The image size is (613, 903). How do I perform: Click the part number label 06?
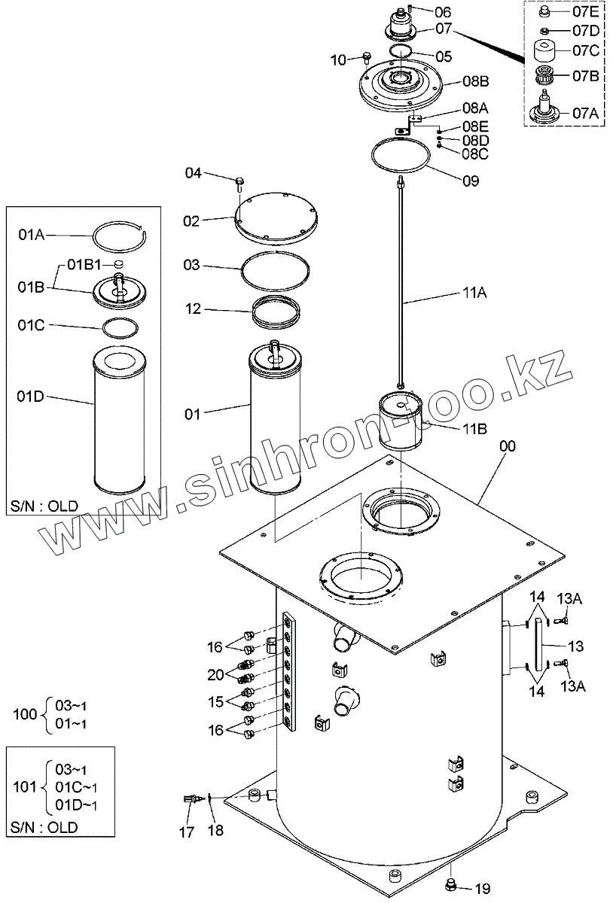(442, 12)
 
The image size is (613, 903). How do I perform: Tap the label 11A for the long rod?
(474, 293)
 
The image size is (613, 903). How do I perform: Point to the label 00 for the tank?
(507, 446)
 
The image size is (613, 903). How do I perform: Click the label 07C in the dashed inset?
(586, 51)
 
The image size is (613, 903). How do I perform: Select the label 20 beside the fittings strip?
(215, 674)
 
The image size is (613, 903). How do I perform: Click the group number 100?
(26, 713)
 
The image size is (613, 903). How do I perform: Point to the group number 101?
(26, 786)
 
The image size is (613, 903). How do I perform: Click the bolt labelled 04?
(239, 181)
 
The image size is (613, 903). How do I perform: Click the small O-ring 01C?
(120, 328)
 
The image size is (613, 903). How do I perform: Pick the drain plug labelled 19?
(452, 883)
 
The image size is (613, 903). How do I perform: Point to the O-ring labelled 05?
(401, 51)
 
